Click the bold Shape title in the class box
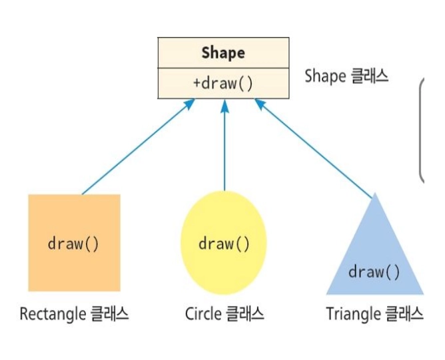223,53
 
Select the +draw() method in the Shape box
223,83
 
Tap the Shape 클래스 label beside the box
346,76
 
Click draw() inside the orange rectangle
74,243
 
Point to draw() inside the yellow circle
224,244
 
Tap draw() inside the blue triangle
375,271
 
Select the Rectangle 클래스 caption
74,313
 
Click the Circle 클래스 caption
224,313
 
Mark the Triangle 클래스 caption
374,313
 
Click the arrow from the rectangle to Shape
137,147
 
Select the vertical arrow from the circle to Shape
224,146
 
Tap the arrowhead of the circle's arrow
224,104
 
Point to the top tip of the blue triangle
376,196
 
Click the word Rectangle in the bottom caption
51,313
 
